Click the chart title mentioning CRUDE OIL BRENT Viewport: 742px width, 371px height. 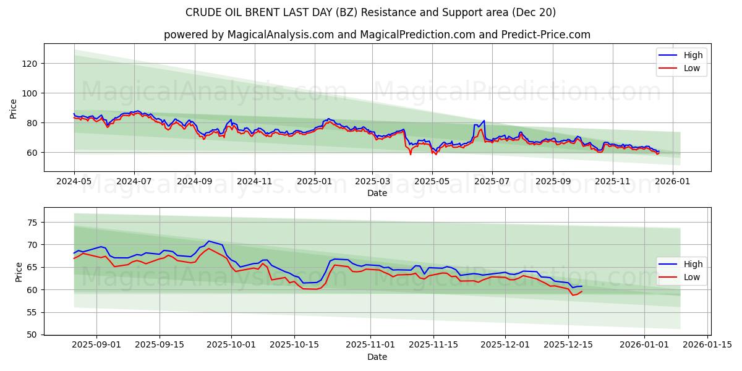click(x=370, y=12)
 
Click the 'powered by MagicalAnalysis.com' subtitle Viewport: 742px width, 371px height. click(x=377, y=35)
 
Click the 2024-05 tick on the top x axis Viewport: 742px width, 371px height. click(x=74, y=182)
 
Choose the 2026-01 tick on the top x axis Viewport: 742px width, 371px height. click(x=672, y=182)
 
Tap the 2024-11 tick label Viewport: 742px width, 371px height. click(x=255, y=182)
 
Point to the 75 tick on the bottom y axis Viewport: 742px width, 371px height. click(x=33, y=223)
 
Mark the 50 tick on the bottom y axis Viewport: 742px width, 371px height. click(x=33, y=335)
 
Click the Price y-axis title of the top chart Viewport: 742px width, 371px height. click(x=14, y=108)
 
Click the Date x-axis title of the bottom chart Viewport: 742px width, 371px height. click(x=377, y=357)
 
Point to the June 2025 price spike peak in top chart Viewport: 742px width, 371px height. click(x=484, y=121)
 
